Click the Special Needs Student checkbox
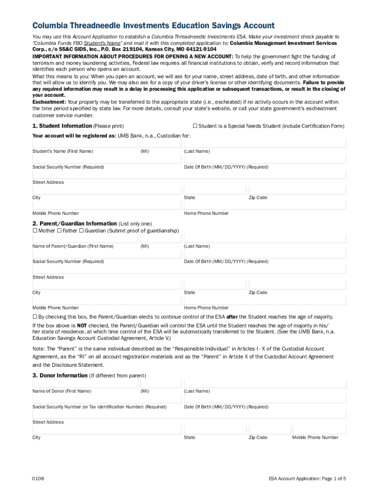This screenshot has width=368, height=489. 195,126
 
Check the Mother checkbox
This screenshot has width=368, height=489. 35,231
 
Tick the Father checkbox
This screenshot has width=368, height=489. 59,231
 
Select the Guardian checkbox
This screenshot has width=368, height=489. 81,231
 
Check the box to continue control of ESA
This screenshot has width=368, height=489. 35,317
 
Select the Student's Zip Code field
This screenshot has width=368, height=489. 297,190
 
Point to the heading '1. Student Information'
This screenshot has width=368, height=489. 62,126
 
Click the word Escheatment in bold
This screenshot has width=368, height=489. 49,102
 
